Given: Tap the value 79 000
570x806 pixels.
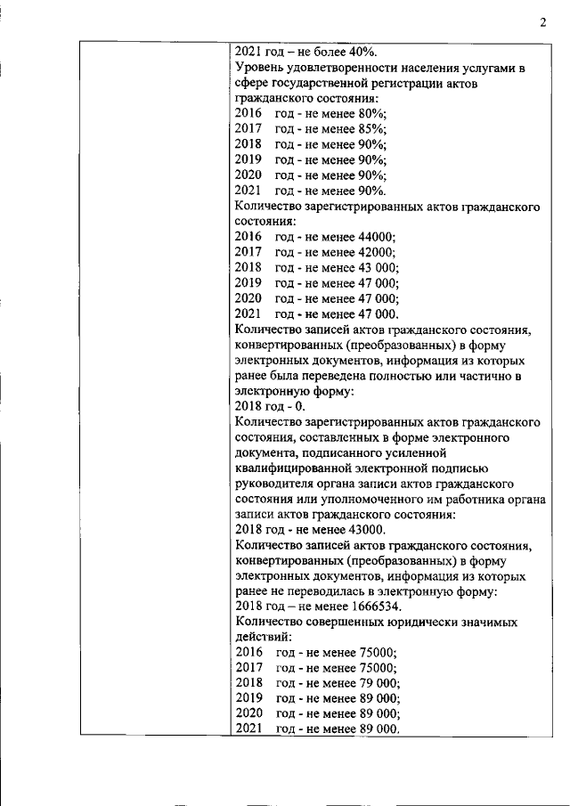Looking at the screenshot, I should pos(380,683).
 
